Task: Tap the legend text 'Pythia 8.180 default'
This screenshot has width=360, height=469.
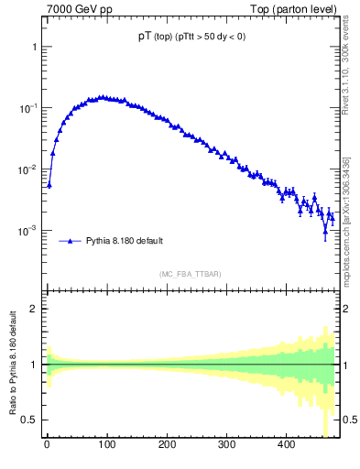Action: click(125, 241)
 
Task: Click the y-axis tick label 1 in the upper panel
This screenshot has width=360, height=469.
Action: click(34, 46)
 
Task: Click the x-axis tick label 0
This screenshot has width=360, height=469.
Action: click(47, 445)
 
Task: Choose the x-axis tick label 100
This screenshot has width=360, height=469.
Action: click(106, 445)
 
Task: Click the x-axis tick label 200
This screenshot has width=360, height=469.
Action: click(166, 445)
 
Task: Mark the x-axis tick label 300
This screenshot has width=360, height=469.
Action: click(226, 445)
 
